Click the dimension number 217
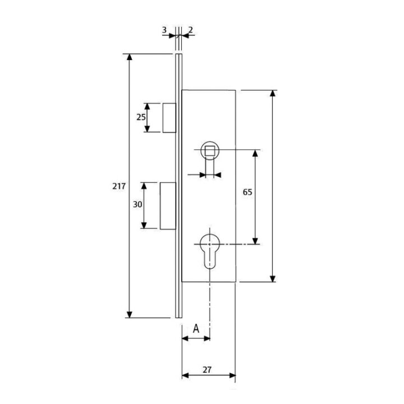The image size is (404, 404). click(x=119, y=186)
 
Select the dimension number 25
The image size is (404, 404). click(x=141, y=117)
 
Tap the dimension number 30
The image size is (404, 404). click(x=137, y=204)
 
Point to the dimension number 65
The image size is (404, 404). click(x=247, y=192)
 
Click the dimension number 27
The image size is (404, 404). click(x=207, y=370)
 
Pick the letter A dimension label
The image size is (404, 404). click(x=196, y=329)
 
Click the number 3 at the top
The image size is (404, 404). click(x=164, y=30)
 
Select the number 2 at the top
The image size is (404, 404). click(x=191, y=30)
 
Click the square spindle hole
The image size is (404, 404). click(x=210, y=150)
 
